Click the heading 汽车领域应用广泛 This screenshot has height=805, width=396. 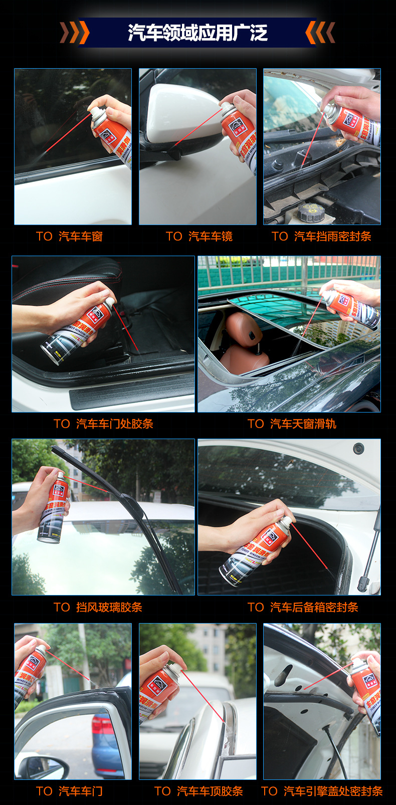pyautogui.click(x=197, y=33)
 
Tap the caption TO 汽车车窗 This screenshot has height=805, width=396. pyautogui.click(x=69, y=237)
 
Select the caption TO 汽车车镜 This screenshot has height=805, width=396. pyautogui.click(x=199, y=237)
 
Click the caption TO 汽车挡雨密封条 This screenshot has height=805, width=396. pyautogui.click(x=321, y=237)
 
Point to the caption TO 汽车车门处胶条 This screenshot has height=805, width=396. pyautogui.click(x=103, y=424)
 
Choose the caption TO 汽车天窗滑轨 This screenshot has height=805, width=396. pyautogui.click(x=292, y=424)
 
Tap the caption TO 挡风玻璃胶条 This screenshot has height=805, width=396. pyautogui.click(x=98, y=608)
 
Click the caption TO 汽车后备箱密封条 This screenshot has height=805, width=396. pyautogui.click(x=303, y=608)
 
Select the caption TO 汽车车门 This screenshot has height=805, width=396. pyautogui.click(x=69, y=791)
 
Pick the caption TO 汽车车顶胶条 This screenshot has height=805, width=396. pyautogui.click(x=199, y=791)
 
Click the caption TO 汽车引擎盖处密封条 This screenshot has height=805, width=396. pyautogui.click(x=322, y=791)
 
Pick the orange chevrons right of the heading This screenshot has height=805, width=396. pyautogui.click(x=320, y=33)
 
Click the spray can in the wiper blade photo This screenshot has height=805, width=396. pyautogui.click(x=52, y=509)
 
